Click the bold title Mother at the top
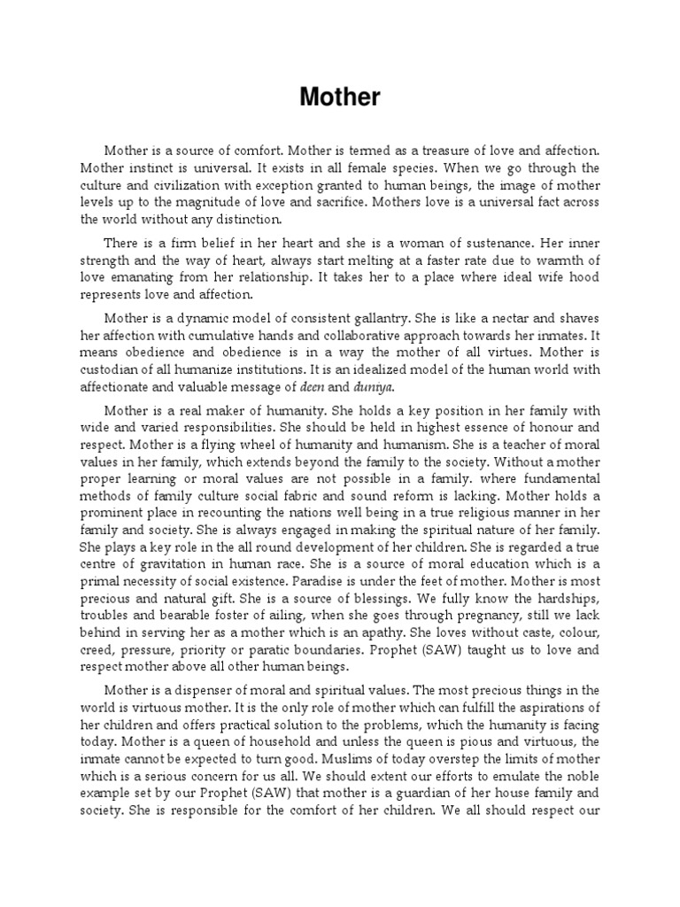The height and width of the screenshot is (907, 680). click(x=340, y=97)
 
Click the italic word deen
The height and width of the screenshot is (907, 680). click(x=320, y=386)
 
